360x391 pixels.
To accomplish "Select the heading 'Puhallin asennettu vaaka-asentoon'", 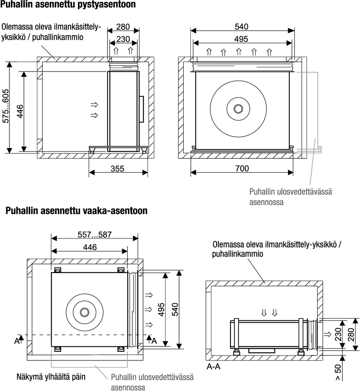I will click(76, 211).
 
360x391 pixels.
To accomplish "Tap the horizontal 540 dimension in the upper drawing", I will click(242, 27).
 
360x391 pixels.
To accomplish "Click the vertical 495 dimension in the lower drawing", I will click(161, 310).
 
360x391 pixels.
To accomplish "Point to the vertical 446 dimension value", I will click(19, 111).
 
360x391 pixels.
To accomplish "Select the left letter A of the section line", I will click(16, 341).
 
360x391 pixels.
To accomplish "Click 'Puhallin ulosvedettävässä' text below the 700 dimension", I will click(290, 192).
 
